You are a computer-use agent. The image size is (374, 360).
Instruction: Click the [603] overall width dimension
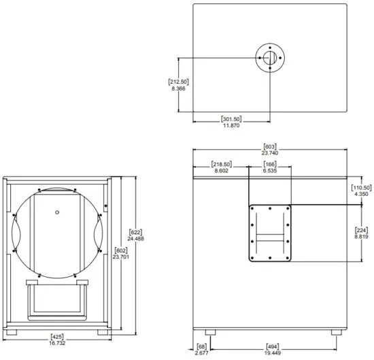[x=271, y=147]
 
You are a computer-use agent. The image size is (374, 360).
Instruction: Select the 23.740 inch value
[x=271, y=154]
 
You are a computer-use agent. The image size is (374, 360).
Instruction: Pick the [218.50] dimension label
[x=222, y=164]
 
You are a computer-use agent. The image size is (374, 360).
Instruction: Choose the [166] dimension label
[x=270, y=164]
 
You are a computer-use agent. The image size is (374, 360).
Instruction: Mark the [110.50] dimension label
[x=361, y=188]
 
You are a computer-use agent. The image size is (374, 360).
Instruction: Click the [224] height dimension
[x=361, y=229]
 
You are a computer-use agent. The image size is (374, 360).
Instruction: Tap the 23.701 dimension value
[x=120, y=257]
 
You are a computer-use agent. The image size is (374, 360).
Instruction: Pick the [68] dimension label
[x=201, y=346]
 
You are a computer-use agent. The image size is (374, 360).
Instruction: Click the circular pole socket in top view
[x=270, y=59]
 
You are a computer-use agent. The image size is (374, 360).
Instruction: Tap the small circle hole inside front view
[x=58, y=211]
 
